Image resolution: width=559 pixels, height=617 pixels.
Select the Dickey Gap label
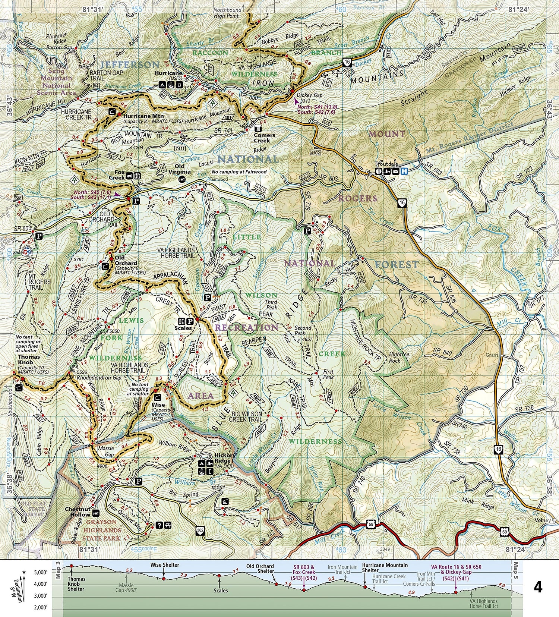click(x=309, y=95)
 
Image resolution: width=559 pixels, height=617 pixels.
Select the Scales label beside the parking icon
click(x=183, y=328)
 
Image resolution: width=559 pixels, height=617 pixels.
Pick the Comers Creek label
click(x=264, y=138)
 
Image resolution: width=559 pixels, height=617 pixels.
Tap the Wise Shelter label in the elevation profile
click(x=165, y=565)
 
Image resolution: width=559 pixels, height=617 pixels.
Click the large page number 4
click(x=537, y=588)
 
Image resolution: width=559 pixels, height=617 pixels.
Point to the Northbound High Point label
click(x=227, y=13)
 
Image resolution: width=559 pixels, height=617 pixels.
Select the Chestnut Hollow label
click(x=78, y=512)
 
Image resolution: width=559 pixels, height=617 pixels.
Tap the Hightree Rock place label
click(x=399, y=358)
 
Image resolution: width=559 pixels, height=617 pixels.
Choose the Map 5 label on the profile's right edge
click(x=516, y=570)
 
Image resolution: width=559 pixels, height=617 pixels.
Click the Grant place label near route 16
click(x=492, y=355)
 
